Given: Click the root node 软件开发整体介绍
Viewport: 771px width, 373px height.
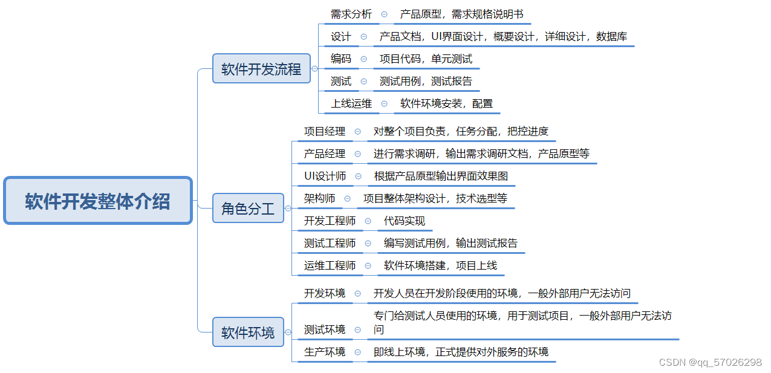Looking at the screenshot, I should point(97,201).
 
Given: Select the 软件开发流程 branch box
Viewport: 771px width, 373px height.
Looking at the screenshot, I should point(261,69).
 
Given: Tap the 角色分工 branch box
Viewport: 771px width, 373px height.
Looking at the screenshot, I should point(248,209).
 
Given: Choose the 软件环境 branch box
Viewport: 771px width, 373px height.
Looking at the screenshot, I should point(248,332).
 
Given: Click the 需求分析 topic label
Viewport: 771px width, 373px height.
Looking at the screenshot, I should point(351,15).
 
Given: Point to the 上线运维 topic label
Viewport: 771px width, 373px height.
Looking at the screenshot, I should point(351,103).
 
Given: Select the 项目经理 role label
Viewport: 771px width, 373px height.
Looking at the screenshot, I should point(325,131).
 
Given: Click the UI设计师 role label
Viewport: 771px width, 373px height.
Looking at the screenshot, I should point(325,176).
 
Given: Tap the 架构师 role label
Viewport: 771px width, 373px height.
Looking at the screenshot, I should point(320,198).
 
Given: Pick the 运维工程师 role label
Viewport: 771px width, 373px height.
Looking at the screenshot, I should point(330,265).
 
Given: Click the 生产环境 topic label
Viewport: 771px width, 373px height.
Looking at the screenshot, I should point(325,352).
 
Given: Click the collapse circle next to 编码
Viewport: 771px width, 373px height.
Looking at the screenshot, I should point(363,59).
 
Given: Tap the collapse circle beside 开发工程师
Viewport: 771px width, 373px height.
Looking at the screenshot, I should point(368,221).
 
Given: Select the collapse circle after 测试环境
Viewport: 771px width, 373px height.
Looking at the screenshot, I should point(358,330).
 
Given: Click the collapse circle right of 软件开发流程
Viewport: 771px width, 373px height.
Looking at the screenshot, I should point(314,69).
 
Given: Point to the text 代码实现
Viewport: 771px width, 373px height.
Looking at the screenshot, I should point(405,221).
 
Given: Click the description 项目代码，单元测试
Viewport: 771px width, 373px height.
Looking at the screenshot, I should point(426,59).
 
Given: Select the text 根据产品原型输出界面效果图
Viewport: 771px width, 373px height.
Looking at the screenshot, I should point(441,176).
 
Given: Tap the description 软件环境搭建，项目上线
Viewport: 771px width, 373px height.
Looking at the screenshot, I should point(441,265).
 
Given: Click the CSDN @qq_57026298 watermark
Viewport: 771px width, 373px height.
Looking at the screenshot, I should point(710,362).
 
